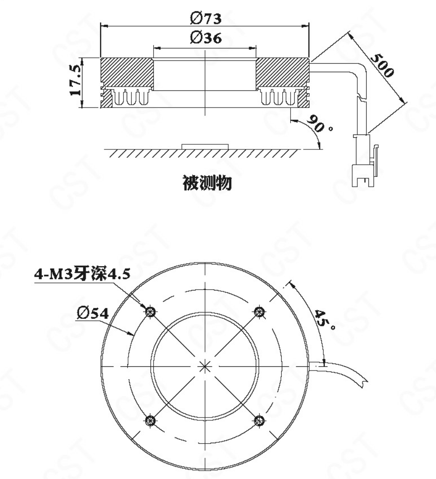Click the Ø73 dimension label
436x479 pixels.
click(x=205, y=19)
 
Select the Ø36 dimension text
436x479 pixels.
click(x=205, y=38)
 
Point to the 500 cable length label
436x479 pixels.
click(x=382, y=65)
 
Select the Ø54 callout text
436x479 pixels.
click(x=93, y=313)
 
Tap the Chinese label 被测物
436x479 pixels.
click(x=207, y=183)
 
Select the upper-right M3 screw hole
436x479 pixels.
click(x=259, y=312)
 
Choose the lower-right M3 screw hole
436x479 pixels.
click(x=259, y=420)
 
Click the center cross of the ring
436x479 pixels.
click(x=205, y=366)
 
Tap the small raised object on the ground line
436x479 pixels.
click(x=205, y=147)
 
